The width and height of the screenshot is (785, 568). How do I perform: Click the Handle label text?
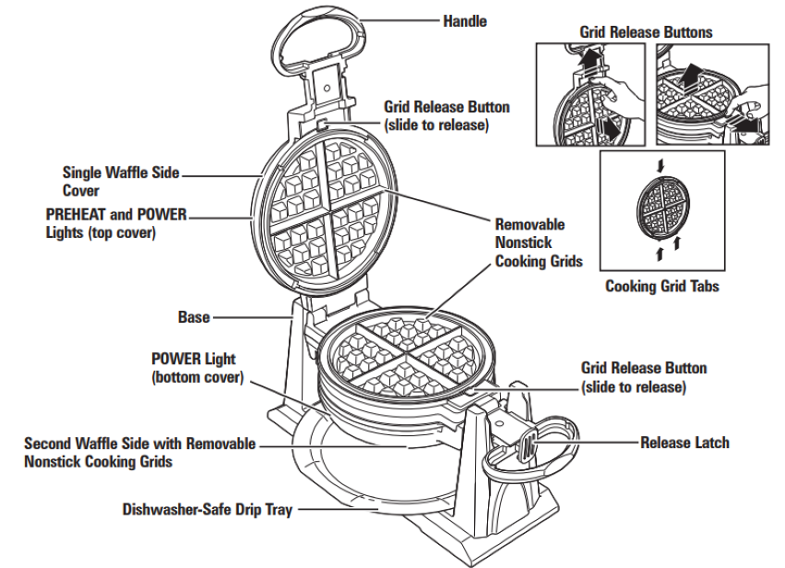coord(465,20)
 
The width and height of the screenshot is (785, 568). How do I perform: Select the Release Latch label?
coord(684,443)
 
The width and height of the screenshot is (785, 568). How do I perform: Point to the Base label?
coord(195,317)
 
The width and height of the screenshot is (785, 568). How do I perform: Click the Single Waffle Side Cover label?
coord(120,179)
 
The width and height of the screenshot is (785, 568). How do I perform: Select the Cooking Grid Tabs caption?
coord(661,286)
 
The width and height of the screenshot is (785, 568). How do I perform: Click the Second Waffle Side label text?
coord(139,452)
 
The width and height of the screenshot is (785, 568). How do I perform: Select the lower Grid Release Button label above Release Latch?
coord(644,377)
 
